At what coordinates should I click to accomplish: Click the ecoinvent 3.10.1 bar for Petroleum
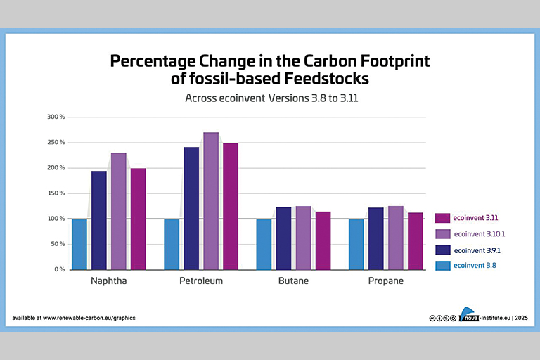click(211, 201)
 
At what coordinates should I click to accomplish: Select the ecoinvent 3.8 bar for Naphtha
click(79, 244)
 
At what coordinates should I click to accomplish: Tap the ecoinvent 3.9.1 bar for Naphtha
click(98, 220)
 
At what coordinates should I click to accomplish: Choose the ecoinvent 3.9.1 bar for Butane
click(283, 238)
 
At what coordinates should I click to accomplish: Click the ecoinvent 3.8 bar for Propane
click(356, 244)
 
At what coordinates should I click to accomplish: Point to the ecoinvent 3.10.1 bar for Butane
click(303, 238)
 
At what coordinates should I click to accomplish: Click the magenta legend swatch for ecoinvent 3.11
click(442, 218)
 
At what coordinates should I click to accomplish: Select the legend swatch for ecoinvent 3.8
click(442, 265)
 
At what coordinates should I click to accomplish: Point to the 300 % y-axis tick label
click(56, 117)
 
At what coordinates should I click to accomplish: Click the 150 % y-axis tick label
click(56, 193)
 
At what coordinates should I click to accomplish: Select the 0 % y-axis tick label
click(60, 269)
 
